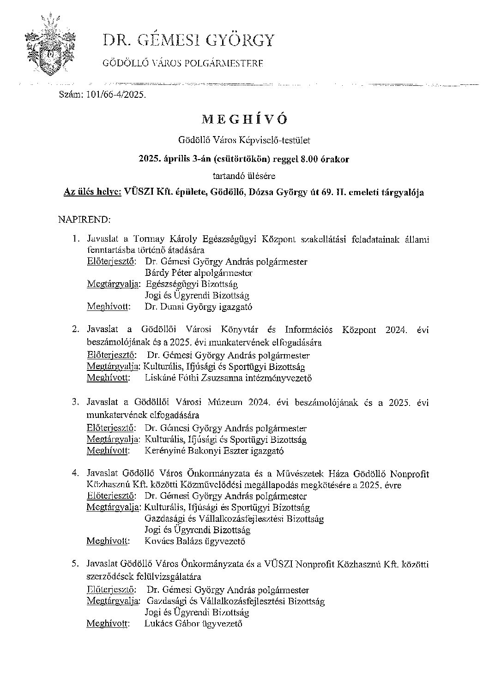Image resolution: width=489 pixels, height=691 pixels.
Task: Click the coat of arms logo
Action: [x=49, y=46]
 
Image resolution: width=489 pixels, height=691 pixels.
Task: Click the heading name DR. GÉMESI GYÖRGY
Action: [x=188, y=41]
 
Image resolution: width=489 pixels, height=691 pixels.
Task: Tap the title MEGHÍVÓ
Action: [x=244, y=119]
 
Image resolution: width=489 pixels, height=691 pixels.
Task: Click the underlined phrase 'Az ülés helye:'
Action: [x=92, y=192]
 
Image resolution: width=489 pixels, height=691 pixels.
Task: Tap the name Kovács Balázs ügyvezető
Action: [x=194, y=542]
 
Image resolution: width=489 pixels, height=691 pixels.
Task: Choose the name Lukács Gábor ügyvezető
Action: [x=193, y=624]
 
